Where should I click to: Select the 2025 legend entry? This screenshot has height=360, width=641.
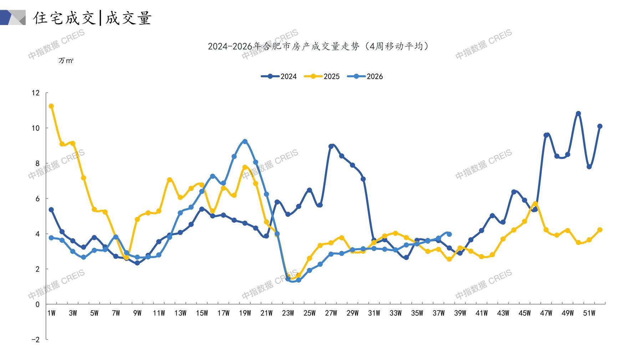point(322,76)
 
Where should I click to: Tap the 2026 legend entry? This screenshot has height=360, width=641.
point(365,76)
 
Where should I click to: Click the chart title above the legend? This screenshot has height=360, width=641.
point(319,46)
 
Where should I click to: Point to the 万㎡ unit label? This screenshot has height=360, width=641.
point(66,61)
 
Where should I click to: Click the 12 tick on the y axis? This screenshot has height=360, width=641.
point(36,93)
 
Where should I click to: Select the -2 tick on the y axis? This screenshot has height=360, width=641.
point(36,339)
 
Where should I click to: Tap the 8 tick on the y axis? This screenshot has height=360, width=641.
point(37,163)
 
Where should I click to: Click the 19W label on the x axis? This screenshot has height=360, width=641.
point(245,313)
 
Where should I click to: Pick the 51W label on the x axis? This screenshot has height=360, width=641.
point(589,313)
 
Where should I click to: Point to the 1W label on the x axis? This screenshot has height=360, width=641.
point(51,313)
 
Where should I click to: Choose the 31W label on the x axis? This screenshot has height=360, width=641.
point(374,313)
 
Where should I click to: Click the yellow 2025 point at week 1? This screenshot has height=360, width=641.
point(51,106)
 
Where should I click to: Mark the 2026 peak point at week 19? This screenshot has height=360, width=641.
point(245,142)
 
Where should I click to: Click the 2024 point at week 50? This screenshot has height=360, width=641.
point(578,114)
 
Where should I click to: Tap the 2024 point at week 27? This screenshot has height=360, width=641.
point(331,146)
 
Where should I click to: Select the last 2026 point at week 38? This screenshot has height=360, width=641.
point(449,234)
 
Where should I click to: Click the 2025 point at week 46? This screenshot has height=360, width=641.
point(535,204)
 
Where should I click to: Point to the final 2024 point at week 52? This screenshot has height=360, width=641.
point(600,126)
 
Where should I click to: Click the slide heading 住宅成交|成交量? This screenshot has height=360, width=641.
point(93,18)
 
